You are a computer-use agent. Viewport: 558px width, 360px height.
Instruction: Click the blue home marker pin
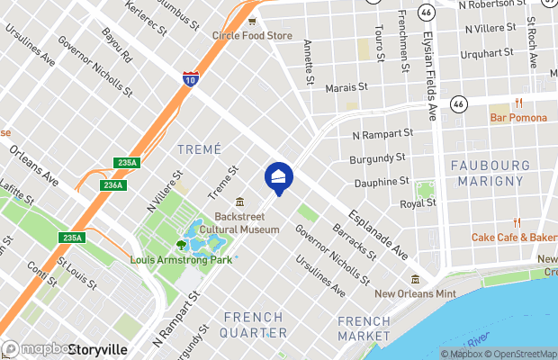coord(279,176)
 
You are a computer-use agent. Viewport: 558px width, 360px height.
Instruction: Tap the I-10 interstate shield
coord(190,78)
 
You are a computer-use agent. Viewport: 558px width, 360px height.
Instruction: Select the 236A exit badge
coord(112,184)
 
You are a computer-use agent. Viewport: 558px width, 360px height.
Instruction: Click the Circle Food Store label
coord(252,35)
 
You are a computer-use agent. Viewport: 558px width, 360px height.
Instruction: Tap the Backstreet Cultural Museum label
coord(247,223)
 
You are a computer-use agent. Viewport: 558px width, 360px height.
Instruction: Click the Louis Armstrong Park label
coord(181,259)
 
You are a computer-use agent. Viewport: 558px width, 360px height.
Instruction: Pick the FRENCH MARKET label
coord(364,328)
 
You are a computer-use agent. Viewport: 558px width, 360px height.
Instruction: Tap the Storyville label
coord(96,349)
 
